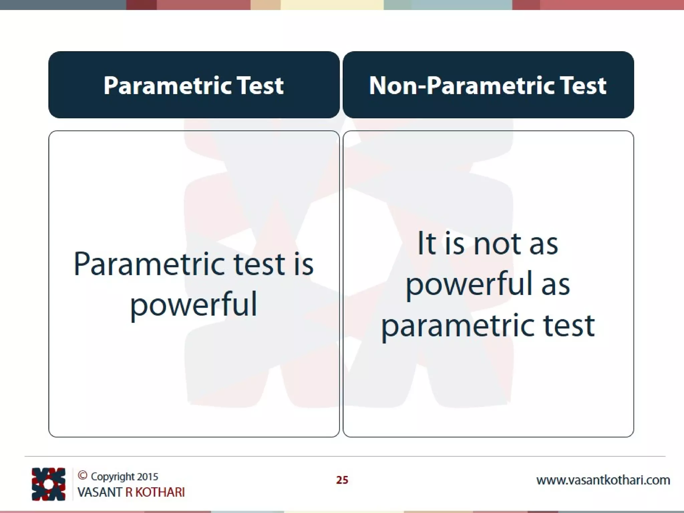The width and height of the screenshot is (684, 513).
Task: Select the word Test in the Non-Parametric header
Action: point(583,85)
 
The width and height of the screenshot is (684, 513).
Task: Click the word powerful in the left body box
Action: point(194,304)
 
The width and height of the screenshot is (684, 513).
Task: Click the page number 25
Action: point(342,480)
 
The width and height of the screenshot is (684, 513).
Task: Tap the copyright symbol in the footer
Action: point(82,475)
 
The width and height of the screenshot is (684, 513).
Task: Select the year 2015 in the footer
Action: point(147,477)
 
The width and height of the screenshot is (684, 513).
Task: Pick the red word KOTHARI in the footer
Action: point(160,492)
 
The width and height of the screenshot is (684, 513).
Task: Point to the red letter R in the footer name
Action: point(129,492)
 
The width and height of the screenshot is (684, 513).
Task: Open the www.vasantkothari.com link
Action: point(603,480)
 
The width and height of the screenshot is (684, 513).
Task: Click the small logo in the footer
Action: point(48,484)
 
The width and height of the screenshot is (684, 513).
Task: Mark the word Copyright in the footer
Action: point(113,477)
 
